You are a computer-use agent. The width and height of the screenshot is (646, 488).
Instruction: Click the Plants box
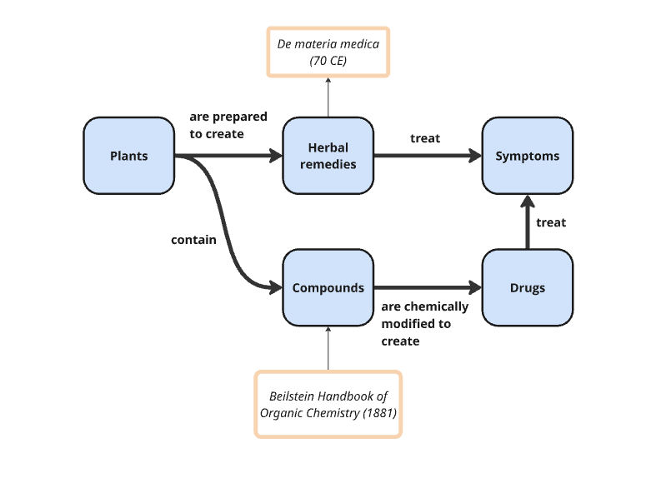pyautogui.click(x=128, y=156)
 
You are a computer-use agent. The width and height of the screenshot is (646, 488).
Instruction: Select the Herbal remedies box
pyautogui.click(x=328, y=156)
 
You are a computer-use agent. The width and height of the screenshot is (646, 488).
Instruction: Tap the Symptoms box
pyautogui.click(x=527, y=156)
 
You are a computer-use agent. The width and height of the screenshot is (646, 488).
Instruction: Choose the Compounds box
pyautogui.click(x=328, y=288)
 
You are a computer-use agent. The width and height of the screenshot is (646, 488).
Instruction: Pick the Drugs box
pyautogui.click(x=527, y=288)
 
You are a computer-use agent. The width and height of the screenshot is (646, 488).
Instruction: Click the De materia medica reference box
pyautogui.click(x=328, y=52)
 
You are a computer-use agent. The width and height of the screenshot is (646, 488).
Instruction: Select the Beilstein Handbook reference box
pyautogui.click(x=328, y=404)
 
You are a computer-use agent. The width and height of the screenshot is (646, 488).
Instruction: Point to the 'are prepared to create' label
pyautogui.click(x=217, y=125)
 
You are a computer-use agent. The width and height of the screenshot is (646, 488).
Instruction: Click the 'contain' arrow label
pyautogui.click(x=193, y=240)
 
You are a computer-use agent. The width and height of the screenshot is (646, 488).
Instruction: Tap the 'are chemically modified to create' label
pyautogui.click(x=424, y=323)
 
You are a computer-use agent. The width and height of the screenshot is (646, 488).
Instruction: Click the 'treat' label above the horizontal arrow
pyautogui.click(x=425, y=138)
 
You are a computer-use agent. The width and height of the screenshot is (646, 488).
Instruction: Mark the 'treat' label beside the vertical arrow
pyautogui.click(x=551, y=222)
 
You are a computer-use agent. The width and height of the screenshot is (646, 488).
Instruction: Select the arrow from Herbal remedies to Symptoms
pyautogui.click(x=427, y=156)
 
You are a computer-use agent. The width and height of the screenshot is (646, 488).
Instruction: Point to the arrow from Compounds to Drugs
pyautogui.click(x=427, y=288)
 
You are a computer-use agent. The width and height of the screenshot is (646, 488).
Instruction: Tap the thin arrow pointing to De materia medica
pyautogui.click(x=328, y=97)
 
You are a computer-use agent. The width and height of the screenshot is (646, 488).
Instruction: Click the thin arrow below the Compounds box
pyautogui.click(x=328, y=348)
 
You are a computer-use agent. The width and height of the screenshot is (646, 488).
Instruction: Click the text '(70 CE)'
pyautogui.click(x=328, y=61)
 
